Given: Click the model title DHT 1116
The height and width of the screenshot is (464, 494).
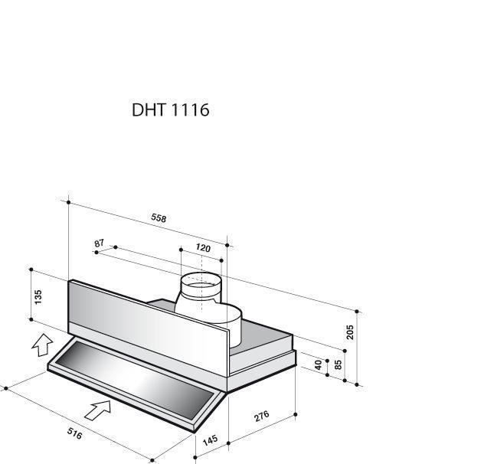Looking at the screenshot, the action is [171, 110].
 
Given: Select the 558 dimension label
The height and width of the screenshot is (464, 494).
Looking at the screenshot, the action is [159, 217].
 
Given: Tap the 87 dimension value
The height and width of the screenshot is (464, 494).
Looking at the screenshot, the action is [99, 243].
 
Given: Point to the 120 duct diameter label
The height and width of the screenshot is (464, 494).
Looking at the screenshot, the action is [203, 248].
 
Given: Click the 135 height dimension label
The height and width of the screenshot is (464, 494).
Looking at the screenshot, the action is [38, 297].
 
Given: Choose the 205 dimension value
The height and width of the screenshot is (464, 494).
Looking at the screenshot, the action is [350, 332].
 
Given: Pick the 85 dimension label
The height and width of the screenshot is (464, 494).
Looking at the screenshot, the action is [338, 364].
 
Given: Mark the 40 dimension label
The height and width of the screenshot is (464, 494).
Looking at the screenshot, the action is [318, 364].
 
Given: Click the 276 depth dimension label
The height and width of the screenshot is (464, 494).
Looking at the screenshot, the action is [262, 416].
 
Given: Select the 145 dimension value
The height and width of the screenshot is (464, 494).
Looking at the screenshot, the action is [210, 440].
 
